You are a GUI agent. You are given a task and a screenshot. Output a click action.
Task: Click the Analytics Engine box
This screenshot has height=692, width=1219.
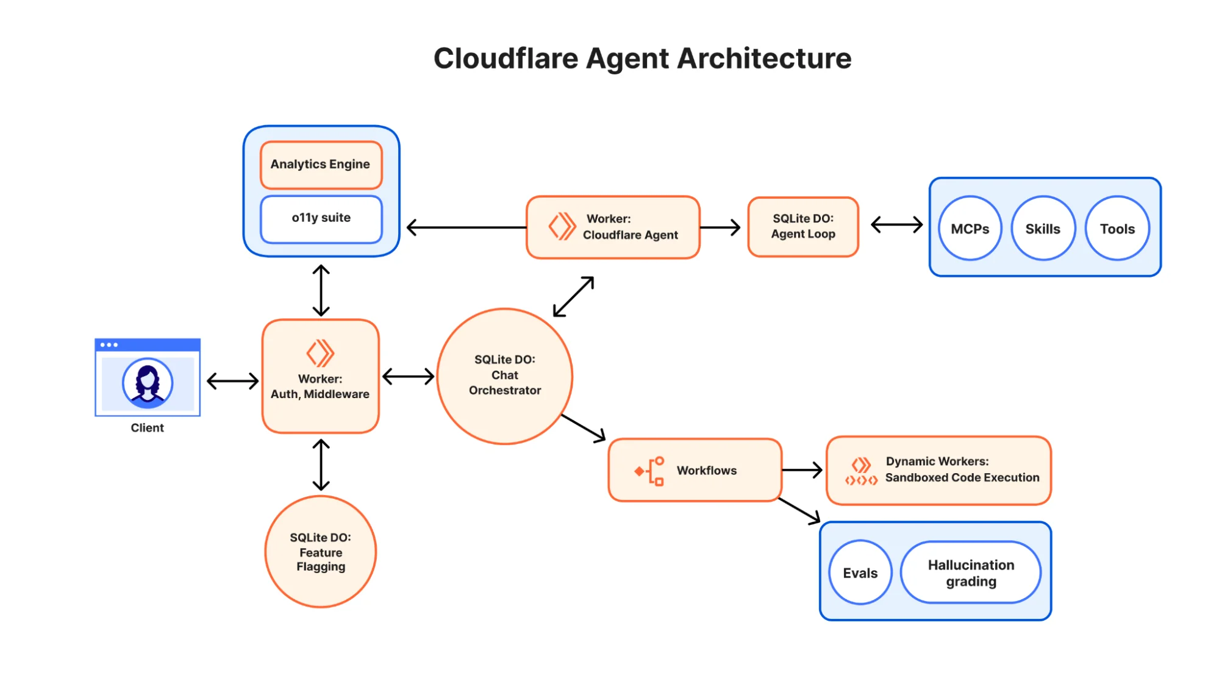[x=321, y=165]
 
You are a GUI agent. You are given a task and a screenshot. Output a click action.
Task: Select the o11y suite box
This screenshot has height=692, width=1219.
[x=321, y=218]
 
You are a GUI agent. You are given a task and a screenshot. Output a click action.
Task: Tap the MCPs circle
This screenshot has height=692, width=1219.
[x=970, y=229]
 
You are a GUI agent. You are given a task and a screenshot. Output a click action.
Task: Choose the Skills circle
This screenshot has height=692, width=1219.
[x=1043, y=229]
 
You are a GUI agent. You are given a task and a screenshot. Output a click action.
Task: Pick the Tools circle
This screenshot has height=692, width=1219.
[x=1117, y=229]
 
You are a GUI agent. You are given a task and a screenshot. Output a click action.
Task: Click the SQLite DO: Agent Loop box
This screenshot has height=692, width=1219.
[x=803, y=227]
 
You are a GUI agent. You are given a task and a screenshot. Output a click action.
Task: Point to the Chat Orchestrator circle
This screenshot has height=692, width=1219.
[x=504, y=376]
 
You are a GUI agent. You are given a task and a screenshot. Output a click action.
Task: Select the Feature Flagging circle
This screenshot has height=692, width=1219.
[x=320, y=552]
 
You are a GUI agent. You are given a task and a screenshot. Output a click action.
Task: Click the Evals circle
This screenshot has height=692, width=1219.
[x=860, y=573]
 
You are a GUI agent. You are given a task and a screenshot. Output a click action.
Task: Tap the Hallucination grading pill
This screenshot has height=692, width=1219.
[x=971, y=573]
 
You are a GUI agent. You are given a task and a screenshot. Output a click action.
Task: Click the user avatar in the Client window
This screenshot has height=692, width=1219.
[x=147, y=383]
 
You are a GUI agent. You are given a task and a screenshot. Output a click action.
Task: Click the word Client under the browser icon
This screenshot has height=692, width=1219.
[x=147, y=428]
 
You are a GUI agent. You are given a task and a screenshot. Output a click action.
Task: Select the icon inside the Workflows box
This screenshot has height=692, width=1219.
[x=650, y=471]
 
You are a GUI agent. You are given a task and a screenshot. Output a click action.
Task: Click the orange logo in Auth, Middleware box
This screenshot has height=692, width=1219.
[x=320, y=353]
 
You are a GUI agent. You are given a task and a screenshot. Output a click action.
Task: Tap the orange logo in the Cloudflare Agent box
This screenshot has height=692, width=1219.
[x=562, y=226]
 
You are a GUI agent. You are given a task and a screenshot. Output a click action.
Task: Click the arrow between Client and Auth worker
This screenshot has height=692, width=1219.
[x=232, y=382]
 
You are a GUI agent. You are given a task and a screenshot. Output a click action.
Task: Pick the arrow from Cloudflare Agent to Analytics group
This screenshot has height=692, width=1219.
[x=466, y=227]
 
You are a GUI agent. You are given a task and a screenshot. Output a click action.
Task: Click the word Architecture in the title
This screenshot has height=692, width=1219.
[x=763, y=59]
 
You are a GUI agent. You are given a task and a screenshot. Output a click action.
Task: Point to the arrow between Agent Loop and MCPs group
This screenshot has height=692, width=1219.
[x=896, y=225]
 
